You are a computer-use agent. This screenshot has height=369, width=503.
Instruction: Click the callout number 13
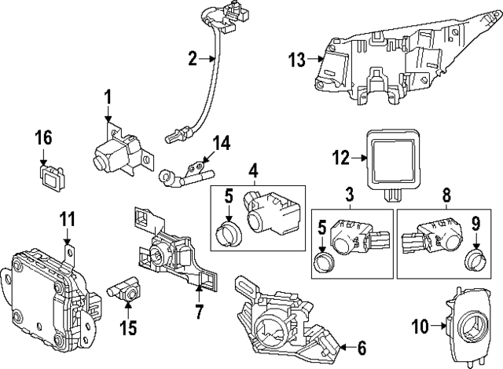tap(296, 60)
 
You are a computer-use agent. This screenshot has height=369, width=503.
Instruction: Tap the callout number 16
tap(44, 137)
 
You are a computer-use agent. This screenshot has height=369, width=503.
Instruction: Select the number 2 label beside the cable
tap(193, 59)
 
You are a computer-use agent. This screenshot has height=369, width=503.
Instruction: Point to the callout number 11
tap(67, 219)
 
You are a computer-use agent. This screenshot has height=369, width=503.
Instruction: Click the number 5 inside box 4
tap(229, 196)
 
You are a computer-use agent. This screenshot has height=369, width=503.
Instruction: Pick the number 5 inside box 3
tap(321, 228)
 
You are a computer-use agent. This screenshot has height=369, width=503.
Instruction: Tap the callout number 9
tap(475, 224)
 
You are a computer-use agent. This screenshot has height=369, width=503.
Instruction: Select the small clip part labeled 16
tap(52, 179)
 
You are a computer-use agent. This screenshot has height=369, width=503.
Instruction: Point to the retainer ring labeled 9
tap(474, 259)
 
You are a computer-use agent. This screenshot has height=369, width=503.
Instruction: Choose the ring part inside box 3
tap(322, 261)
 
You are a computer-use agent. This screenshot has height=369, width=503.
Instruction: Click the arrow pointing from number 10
tap(439, 326)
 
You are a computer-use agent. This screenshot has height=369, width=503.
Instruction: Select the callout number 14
tap(222, 143)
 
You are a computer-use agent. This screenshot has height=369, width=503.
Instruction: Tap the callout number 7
tap(199, 312)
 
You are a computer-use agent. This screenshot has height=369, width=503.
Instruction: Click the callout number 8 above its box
tap(446, 195)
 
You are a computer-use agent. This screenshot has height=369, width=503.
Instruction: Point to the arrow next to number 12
tap(359, 158)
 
